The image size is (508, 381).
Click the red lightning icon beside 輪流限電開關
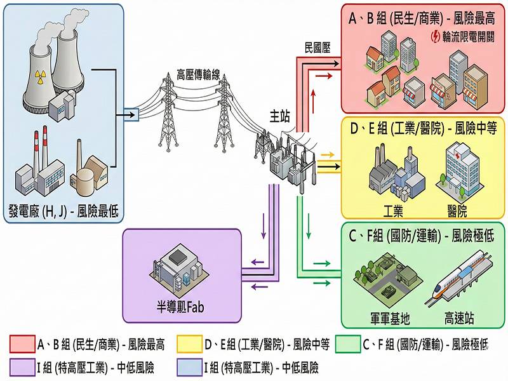(x=436, y=36)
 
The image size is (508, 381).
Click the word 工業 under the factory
(x=393, y=209)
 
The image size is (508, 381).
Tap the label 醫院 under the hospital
(x=457, y=209)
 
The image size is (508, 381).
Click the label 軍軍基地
(x=390, y=317)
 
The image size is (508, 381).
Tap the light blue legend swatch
(x=187, y=367)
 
